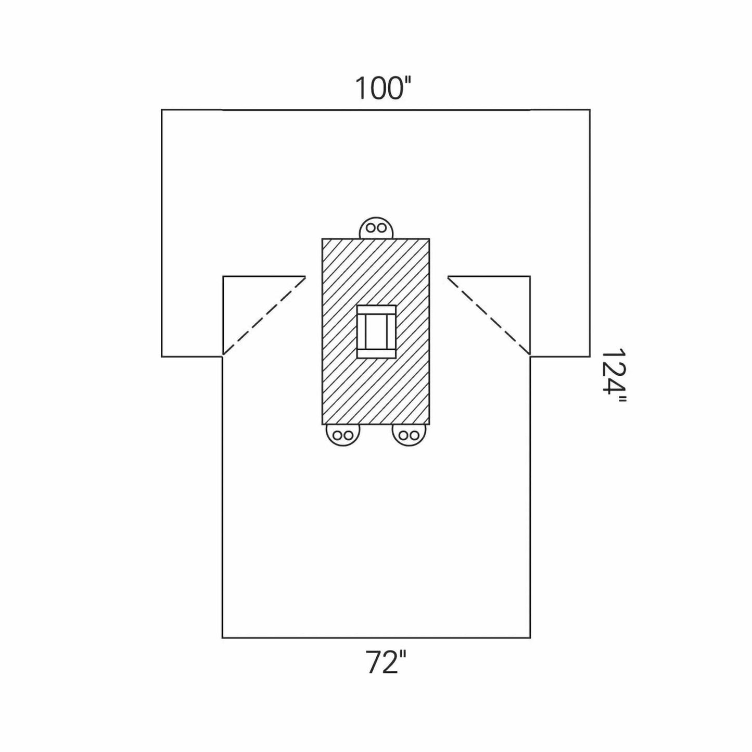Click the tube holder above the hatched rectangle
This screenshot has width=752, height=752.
376,228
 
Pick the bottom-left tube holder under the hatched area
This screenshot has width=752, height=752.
342,435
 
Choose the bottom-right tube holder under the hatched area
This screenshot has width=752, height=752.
409,435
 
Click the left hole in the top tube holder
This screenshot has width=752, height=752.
371,228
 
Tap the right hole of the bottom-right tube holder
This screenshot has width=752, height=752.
414,436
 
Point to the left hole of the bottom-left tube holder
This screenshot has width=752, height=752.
337,436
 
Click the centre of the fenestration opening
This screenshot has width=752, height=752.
376,332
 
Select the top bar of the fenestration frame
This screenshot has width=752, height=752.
376,310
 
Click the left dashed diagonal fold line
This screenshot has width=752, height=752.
263,316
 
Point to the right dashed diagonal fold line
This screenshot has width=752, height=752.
489,316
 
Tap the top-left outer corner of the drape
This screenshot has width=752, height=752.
162,110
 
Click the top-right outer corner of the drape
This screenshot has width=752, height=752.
590,110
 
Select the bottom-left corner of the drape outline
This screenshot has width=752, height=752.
223,638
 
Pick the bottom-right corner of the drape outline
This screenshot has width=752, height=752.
530,638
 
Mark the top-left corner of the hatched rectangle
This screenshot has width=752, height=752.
323,239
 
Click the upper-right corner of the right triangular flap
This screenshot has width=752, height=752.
530,276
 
